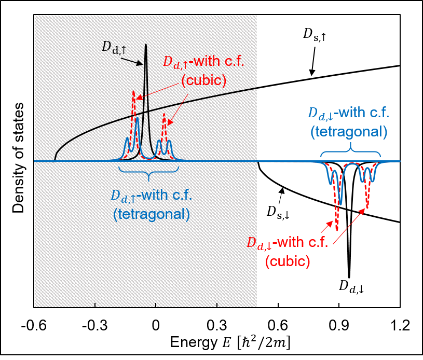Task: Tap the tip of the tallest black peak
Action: tap(146, 45)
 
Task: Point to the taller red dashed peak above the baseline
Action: tap(133, 93)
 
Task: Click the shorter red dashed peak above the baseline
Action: tap(164, 114)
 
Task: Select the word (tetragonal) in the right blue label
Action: tap(349, 132)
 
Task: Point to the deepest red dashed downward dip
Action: tap(337, 230)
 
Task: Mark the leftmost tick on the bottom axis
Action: tap(95, 304)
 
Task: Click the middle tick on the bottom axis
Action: tap(156, 304)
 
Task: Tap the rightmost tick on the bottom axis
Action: tap(216, 304)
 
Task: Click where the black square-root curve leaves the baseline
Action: tap(55, 158)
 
